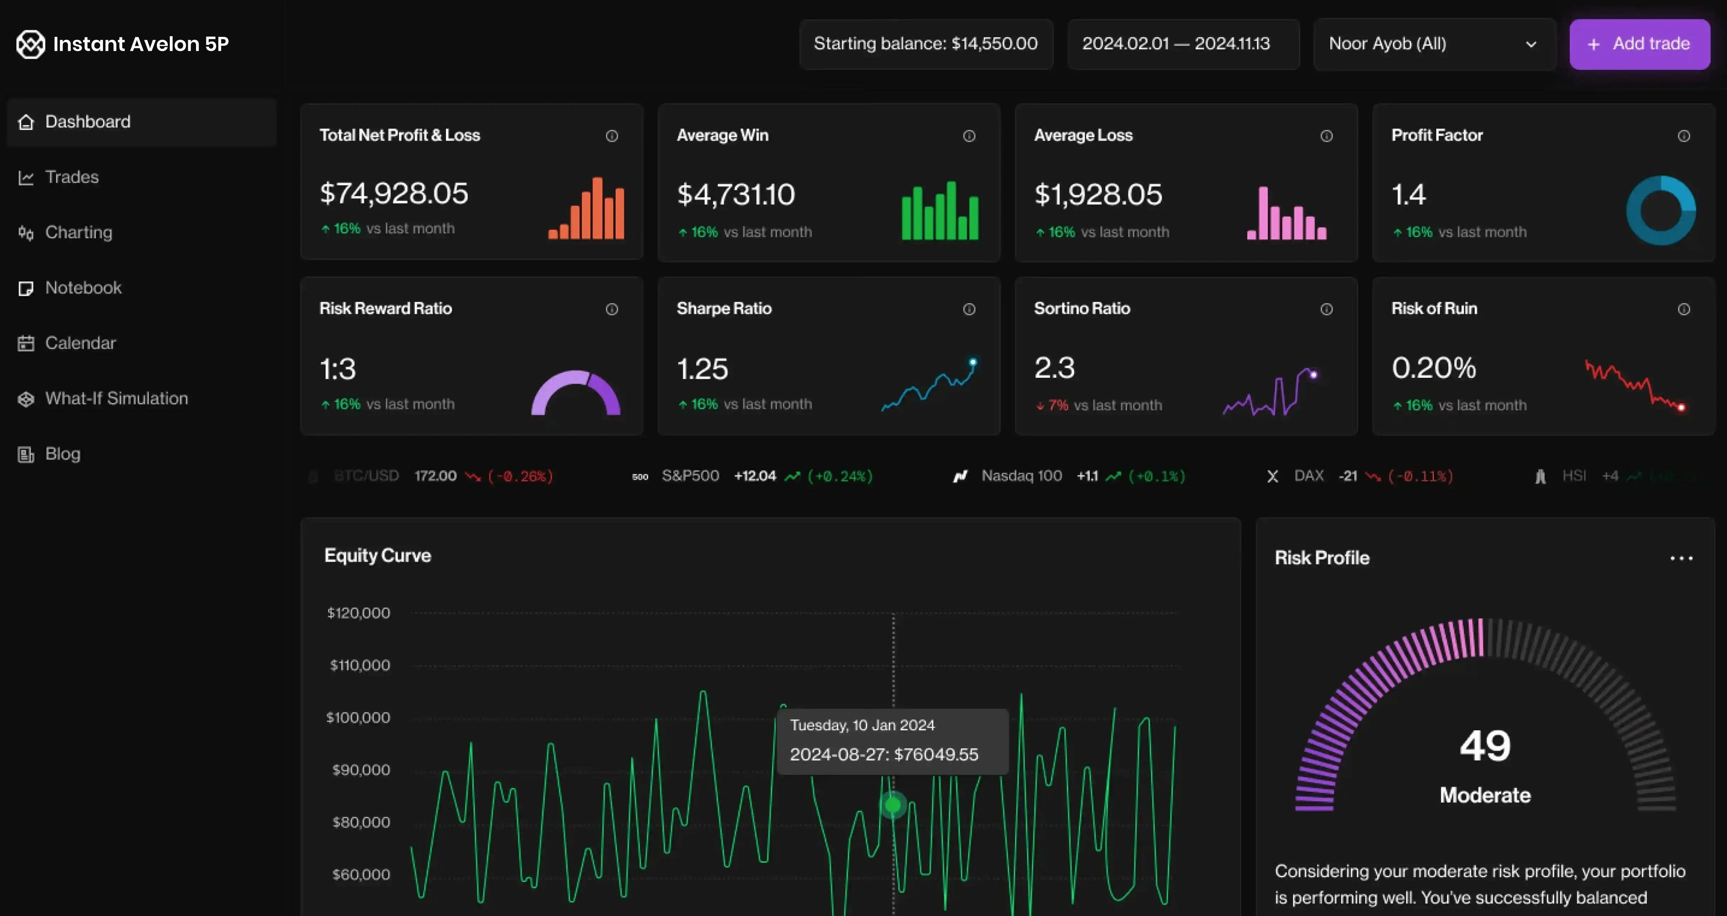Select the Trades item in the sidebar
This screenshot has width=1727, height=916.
pyautogui.click(x=72, y=177)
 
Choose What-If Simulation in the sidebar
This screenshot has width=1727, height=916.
pyautogui.click(x=116, y=398)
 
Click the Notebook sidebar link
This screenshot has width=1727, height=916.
pyautogui.click(x=83, y=288)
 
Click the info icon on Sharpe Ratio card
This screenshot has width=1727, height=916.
pyautogui.click(x=969, y=309)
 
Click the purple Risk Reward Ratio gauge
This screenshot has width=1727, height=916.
pyautogui.click(x=575, y=392)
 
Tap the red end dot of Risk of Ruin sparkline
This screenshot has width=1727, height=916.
pyautogui.click(x=1681, y=407)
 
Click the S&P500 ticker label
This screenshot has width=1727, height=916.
pyautogui.click(x=690, y=476)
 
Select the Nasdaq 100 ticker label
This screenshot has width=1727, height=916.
pyautogui.click(x=1021, y=476)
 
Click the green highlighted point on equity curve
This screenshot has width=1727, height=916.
pyautogui.click(x=892, y=804)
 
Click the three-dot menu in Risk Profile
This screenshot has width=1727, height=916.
pyautogui.click(x=1681, y=558)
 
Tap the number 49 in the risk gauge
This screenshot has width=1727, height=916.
pyautogui.click(x=1485, y=746)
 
